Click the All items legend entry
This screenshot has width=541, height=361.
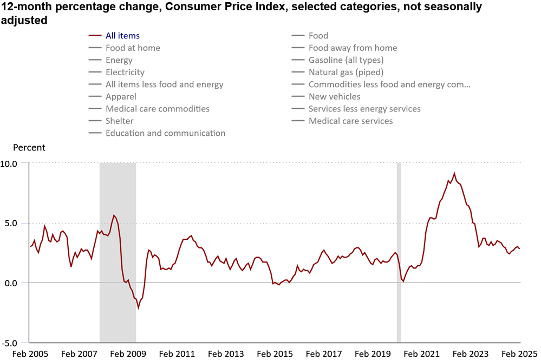tap(122, 36)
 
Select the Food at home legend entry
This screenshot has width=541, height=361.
tap(133, 48)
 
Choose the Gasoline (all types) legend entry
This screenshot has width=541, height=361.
tap(346, 60)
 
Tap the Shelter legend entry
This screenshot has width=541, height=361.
tap(119, 121)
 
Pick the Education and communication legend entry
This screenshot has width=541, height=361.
tap(165, 133)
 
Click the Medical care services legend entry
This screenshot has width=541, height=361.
tap(350, 121)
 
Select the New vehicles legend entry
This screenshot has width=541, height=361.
tap(334, 96)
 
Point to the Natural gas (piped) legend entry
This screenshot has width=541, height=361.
tap(346, 72)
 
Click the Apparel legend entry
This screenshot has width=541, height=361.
tap(121, 96)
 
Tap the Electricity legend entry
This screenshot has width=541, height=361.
tap(125, 72)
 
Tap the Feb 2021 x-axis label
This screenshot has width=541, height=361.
tap(423, 354)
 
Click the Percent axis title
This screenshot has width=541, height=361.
tap(29, 148)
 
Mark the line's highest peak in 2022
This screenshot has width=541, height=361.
tap(454, 174)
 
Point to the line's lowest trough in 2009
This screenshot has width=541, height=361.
tap(138, 308)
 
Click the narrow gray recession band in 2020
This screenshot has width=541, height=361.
tap(399, 252)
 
